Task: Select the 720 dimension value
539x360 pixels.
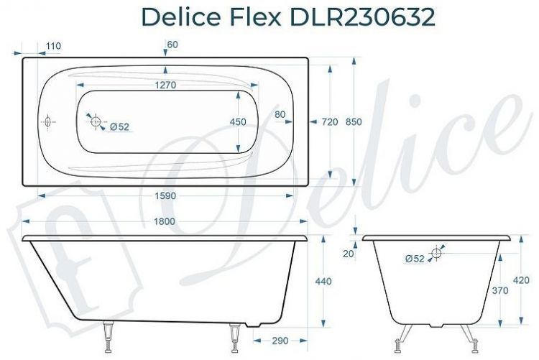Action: click(329, 122)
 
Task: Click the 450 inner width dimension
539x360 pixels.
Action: click(238, 122)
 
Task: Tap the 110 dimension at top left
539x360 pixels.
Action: click(52, 46)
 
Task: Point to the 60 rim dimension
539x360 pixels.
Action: click(172, 45)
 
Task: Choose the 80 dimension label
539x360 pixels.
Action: click(280, 114)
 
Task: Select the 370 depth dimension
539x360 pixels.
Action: click(500, 291)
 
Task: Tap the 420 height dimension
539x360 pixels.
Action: click(522, 280)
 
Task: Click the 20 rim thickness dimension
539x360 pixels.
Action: click(348, 253)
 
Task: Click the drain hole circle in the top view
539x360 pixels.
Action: click(96, 122)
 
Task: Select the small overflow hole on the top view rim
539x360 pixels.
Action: click(48, 122)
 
